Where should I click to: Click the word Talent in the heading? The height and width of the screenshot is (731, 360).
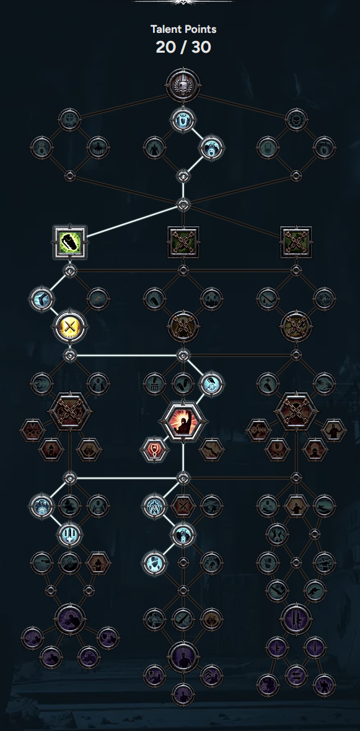tap(164, 29)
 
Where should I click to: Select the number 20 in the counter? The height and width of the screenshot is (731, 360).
tap(165, 47)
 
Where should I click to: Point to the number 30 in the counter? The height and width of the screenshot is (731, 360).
tap(201, 47)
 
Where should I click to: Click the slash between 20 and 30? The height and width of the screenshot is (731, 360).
tap(183, 47)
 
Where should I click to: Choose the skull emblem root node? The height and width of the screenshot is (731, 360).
tap(183, 86)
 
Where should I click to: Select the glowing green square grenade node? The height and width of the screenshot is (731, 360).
tap(70, 242)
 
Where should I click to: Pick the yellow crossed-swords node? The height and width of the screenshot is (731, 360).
tap(70, 326)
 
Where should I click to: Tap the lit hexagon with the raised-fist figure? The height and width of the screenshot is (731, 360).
tap(183, 420)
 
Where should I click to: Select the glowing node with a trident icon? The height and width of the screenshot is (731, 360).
tap(70, 534)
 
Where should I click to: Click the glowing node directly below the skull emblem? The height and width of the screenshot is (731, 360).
tap(183, 120)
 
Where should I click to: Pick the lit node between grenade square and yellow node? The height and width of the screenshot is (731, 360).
tap(42, 298)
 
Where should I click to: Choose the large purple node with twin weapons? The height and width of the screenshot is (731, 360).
tap(296, 619)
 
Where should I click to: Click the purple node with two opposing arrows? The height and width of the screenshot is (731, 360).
tap(296, 676)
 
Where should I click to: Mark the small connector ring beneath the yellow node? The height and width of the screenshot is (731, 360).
tap(70, 356)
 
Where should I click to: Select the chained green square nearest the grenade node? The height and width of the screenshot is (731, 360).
tap(183, 242)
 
